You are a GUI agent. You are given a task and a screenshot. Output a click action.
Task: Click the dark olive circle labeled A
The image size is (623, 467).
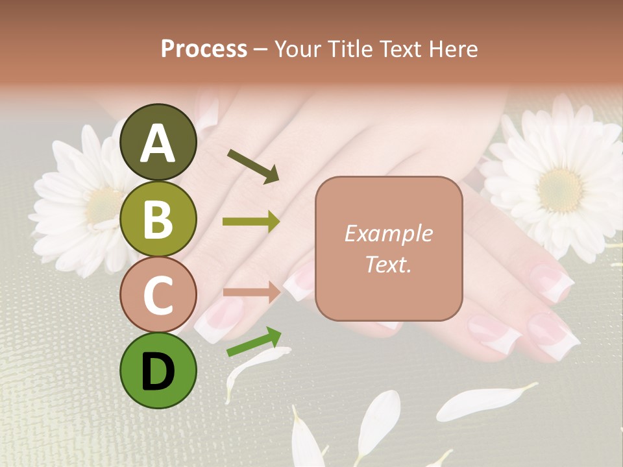tap(158, 142)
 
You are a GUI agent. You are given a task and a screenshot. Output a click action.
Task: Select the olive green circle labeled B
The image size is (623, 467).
tap(158, 219)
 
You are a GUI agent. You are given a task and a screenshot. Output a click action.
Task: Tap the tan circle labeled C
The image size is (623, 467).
tap(158, 295)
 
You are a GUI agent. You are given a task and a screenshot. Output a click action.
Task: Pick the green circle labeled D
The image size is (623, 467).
tap(158, 370)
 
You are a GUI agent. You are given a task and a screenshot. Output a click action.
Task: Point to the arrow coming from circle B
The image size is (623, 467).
tap(251, 222)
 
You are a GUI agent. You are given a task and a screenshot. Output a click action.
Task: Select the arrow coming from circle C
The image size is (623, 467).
tap(251, 291)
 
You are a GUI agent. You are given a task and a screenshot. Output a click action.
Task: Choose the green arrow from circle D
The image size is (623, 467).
tap(254, 341)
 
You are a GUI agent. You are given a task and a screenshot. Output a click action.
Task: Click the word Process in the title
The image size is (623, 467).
tap(204, 49)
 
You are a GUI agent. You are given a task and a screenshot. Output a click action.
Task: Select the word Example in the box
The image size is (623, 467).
tap(388, 233)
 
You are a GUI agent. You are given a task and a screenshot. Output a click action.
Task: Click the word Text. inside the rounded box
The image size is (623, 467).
tap(388, 264)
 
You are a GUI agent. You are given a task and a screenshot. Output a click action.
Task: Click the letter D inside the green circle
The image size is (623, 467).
tap(158, 372)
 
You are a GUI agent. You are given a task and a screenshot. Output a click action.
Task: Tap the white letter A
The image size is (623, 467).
tap(158, 143)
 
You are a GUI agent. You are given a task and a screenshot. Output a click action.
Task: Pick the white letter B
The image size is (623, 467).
tap(158, 220)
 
